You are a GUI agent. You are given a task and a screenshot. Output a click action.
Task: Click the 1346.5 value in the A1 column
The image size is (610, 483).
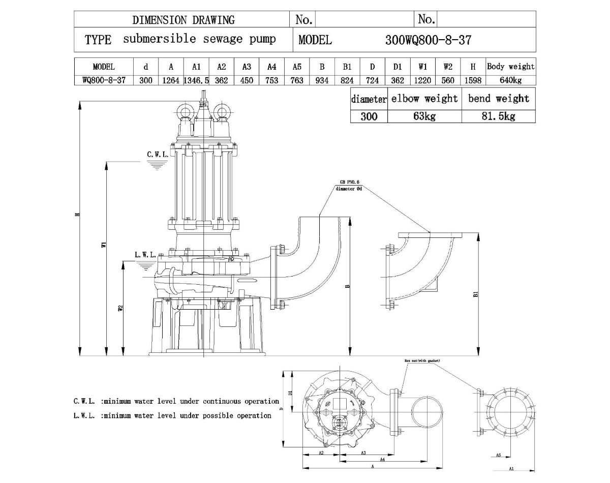tap(196, 80)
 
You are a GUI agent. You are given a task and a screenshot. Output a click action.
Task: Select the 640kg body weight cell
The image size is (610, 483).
tap(511, 80)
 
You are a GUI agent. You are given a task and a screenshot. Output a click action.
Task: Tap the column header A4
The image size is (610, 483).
tap(271, 67)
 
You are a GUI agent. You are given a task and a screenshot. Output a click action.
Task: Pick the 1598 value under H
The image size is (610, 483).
tap(473, 80)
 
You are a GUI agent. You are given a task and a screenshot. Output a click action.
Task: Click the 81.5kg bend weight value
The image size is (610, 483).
tap(498, 116)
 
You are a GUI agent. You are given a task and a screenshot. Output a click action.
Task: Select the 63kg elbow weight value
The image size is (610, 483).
tap(424, 116)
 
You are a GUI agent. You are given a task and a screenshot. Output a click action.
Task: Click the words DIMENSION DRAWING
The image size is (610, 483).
tap(184, 20)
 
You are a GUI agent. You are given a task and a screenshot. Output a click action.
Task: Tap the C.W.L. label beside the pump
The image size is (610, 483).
tap(158, 154)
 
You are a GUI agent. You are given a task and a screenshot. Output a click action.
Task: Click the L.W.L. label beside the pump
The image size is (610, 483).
tap(145, 255)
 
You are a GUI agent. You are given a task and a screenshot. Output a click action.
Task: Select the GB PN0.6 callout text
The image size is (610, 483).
tap(350, 182)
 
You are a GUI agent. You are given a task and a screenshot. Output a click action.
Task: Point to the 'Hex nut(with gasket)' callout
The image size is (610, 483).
tap(422, 360)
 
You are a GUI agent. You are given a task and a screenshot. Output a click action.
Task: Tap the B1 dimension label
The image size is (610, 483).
tap(476, 294)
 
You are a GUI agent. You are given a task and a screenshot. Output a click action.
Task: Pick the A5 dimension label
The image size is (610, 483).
tap(499, 455)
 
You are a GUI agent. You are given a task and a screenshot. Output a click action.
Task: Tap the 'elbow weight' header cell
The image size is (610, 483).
tap(424, 99)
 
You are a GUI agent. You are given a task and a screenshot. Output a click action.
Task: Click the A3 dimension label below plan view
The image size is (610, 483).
tap(363, 452)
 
